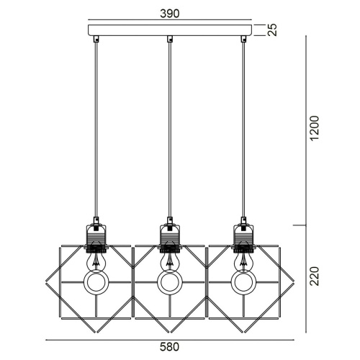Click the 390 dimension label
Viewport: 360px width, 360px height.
(170, 14)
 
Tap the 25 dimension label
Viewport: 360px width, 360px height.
(272, 30)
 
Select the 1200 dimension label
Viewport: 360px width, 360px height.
(315, 128)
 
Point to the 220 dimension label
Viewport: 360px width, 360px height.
(315, 276)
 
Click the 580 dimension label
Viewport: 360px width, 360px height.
(169, 347)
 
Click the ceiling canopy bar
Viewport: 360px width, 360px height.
(170, 30)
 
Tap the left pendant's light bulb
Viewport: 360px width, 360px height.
(96, 261)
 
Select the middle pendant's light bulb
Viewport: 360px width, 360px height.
(170, 261)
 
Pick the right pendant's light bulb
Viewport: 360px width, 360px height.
(244, 261)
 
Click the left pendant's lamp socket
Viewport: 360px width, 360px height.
(96, 238)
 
